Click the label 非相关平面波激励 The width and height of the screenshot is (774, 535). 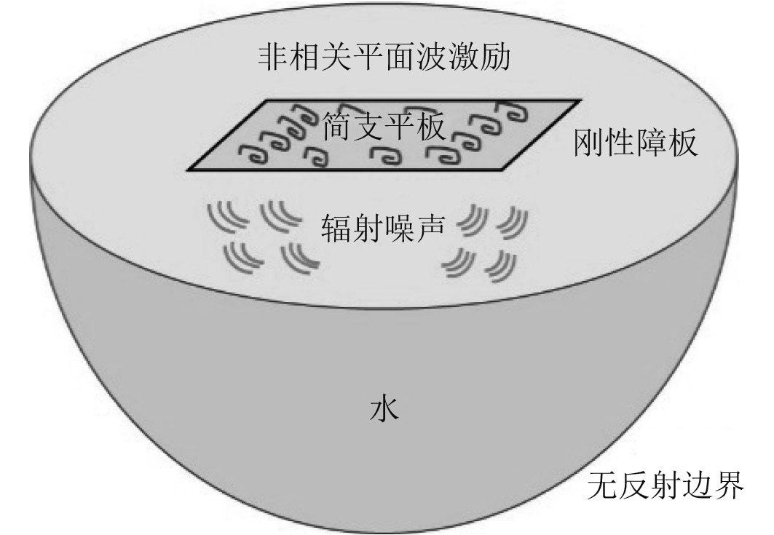coord(384,57)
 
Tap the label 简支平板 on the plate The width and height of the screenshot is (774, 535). coord(384,130)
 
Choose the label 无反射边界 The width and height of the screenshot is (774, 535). coord(666,484)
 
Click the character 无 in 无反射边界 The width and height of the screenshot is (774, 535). coord(603,484)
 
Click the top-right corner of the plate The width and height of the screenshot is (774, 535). coord(580,99)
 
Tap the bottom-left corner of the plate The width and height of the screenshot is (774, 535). coord(188,170)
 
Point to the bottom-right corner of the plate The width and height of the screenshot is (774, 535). coord(504,170)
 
